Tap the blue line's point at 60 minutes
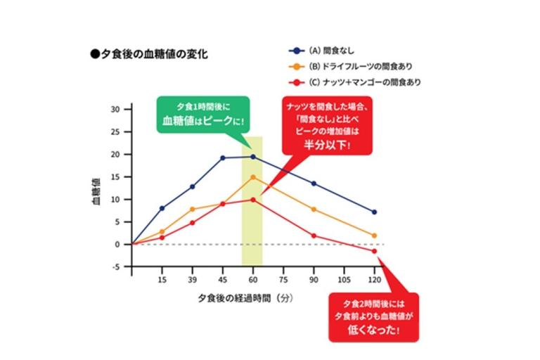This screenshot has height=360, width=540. point(252,157)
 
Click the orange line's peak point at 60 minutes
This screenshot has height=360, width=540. point(252,177)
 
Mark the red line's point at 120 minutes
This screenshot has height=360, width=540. point(374,251)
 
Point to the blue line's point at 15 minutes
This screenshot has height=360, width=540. point(162,208)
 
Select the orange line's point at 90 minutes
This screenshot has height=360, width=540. point(314,210)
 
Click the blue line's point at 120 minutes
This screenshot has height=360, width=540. point(374,212)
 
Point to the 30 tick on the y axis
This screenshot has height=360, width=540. point(116,110)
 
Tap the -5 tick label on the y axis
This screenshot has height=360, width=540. point(116,267)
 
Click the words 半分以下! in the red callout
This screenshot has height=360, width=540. point(328,143)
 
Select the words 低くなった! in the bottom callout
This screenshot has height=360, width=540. point(373,331)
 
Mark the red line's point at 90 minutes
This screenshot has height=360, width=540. point(314,236)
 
